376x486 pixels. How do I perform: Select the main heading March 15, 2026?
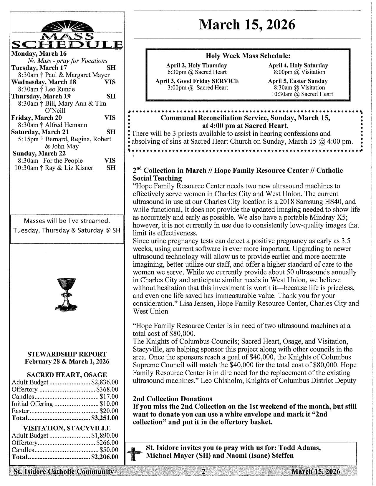click(247, 25)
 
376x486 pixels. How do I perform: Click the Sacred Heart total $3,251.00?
click(105, 418)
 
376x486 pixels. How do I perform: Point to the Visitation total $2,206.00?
click(105, 457)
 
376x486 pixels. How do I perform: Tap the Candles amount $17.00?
click(109, 397)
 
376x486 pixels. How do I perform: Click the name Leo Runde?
click(60, 89)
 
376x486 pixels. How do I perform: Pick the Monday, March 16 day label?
click(39, 54)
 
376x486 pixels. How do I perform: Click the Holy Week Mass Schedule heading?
click(248, 56)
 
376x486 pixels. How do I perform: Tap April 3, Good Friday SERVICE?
click(197, 81)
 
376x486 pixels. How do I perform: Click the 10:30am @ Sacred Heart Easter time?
click(302, 94)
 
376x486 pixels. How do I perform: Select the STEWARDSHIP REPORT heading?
click(67, 354)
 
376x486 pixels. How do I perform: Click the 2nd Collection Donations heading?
click(172, 399)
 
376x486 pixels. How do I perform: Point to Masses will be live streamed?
click(67, 221)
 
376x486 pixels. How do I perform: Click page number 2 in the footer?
click(203, 472)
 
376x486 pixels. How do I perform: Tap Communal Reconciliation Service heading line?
click(245, 118)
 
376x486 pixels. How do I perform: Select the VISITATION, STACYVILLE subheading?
click(67, 428)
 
